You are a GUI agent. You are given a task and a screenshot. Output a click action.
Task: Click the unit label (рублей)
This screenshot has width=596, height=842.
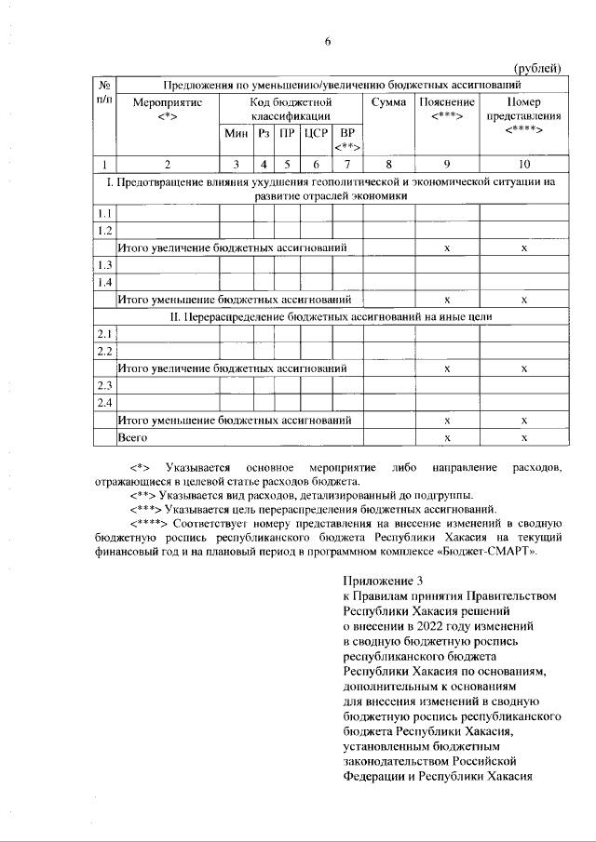coord(539,66)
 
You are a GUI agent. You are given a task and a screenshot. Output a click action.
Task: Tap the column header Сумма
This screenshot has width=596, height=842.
coord(388,100)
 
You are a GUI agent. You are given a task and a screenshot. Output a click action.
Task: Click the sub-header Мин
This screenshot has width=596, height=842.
coord(236,134)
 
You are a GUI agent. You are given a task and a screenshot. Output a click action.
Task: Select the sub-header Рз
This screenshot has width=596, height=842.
coord(264,134)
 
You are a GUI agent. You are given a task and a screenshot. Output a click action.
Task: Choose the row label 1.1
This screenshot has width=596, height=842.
coord(105,213)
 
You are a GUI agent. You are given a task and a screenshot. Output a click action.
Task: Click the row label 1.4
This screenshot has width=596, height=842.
coord(105,283)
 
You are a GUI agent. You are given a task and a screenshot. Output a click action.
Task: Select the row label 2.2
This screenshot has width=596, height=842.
coord(105,351)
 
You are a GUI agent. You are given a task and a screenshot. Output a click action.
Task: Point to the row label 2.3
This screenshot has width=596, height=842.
coord(105,385)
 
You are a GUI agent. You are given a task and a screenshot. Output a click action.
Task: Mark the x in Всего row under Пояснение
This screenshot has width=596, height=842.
coord(447,437)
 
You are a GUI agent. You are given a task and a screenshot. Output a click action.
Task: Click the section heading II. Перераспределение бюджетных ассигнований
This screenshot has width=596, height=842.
coord(331,316)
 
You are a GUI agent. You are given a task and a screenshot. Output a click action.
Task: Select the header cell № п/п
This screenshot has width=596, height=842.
coord(104,91)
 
